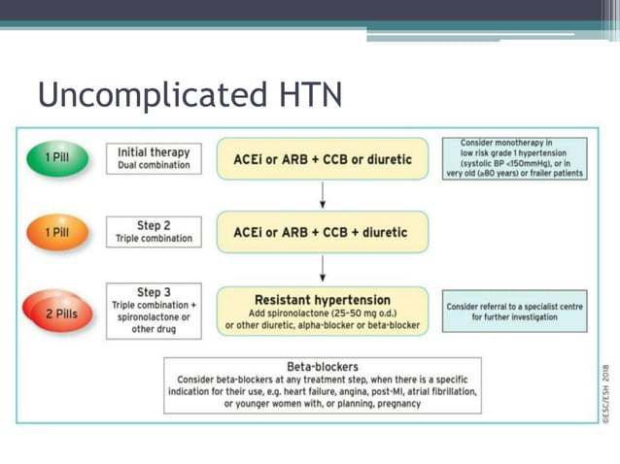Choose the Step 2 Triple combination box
pyautogui.click(x=154, y=232)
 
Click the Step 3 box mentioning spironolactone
pyautogui.click(x=154, y=311)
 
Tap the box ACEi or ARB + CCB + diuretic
pyautogui.click(x=322, y=233)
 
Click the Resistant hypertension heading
pyautogui.click(x=322, y=300)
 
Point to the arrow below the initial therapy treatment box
pyautogui.click(x=323, y=195)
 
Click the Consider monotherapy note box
pyautogui.click(x=514, y=158)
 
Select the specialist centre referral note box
pyautogui.click(x=514, y=312)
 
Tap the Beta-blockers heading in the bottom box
pyautogui.click(x=323, y=367)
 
